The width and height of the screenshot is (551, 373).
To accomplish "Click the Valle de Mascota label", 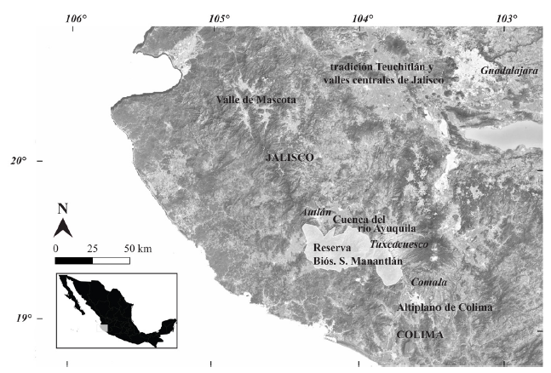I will click(x=255, y=100).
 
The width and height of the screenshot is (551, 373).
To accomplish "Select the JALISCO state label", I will click(x=290, y=158).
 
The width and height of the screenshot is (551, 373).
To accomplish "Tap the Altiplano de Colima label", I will click(x=445, y=307).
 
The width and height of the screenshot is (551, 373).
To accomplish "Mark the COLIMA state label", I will click(x=421, y=335).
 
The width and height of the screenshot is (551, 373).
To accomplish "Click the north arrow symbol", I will click(x=62, y=227).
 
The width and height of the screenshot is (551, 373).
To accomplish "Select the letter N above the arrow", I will click(x=62, y=209).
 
